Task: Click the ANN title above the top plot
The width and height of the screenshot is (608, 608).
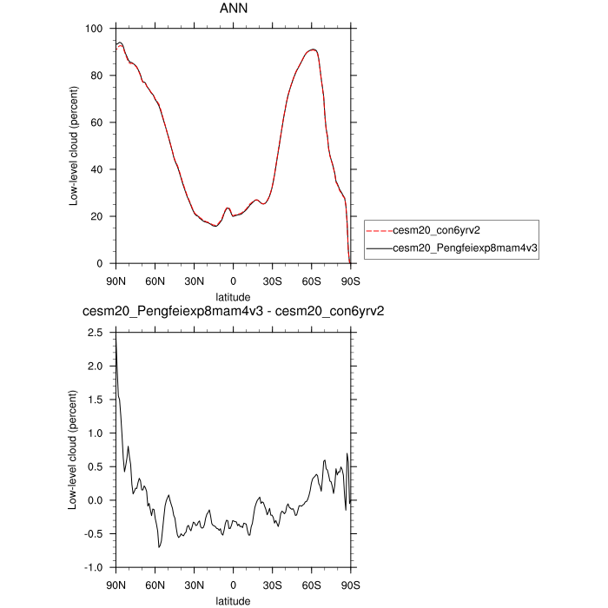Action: [x=233, y=10]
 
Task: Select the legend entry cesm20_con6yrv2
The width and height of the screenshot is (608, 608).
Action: [x=436, y=231]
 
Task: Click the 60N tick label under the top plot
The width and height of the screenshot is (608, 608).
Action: [x=155, y=281]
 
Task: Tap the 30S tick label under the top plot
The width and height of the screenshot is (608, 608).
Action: [x=272, y=281]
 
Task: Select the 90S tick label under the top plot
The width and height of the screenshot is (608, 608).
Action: [x=350, y=281]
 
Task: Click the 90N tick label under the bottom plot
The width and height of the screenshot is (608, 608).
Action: [x=116, y=585]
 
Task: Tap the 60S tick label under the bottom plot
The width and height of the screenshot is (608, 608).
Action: [x=311, y=585]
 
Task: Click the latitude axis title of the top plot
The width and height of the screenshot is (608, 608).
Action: [x=233, y=297]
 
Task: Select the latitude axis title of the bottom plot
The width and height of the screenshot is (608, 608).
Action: [x=233, y=600]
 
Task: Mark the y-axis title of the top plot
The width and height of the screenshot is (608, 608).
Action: [x=76, y=146]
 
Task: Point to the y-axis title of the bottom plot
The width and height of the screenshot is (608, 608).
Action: [x=76, y=450]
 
